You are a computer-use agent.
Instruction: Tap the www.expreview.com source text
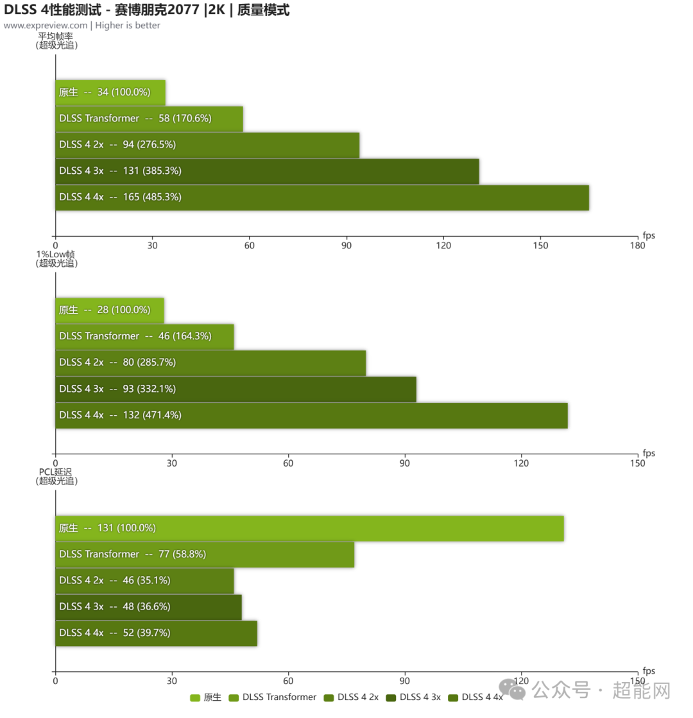[x=46, y=26]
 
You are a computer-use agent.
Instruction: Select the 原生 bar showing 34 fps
[x=110, y=92]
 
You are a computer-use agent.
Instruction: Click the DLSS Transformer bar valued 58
[x=149, y=119]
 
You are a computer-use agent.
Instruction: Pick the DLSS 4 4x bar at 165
[x=322, y=198]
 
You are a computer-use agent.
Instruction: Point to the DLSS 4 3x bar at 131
[x=267, y=171]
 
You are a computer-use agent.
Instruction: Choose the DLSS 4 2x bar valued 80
[x=210, y=363]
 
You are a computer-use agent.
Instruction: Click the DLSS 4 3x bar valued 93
[x=235, y=389]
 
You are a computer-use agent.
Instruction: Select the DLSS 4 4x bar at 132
[x=311, y=415]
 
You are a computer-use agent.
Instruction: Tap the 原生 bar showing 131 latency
[x=309, y=528]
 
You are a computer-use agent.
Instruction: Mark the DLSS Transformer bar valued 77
[x=205, y=554]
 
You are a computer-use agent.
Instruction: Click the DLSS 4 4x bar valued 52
[x=156, y=633]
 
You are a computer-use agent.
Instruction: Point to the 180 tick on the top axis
[x=637, y=246]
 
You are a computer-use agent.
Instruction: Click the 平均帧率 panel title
[x=55, y=37]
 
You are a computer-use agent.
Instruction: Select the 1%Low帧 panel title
[x=56, y=254]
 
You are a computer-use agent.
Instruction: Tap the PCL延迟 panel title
[x=56, y=472]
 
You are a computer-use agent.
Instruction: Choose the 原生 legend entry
[x=206, y=697]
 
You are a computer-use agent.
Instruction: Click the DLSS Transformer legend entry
[x=273, y=697]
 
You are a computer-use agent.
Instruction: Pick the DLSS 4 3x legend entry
[x=413, y=697]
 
